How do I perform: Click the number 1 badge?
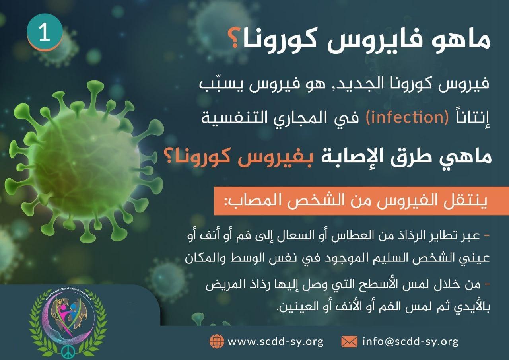tap(45, 32)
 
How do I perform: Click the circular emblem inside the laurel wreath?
tap(68, 317)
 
